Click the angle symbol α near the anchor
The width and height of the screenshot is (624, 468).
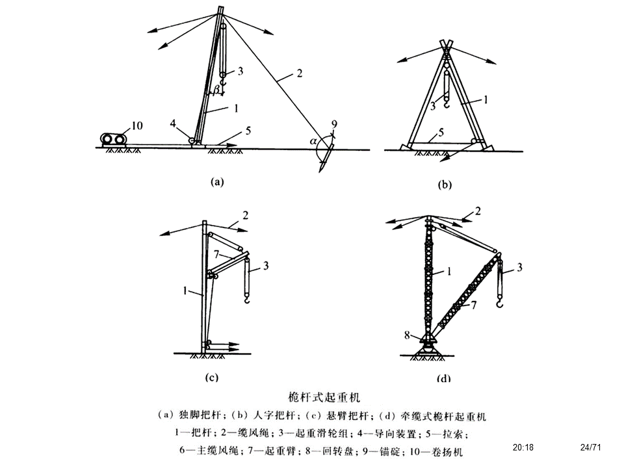pyautogui.click(x=313, y=140)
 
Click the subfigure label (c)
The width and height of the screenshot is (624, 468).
pyautogui.click(x=211, y=377)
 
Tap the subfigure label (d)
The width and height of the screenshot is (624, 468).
pyautogui.click(x=444, y=378)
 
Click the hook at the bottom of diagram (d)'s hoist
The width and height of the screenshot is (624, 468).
pyautogui.click(x=499, y=303)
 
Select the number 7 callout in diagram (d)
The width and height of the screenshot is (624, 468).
pyautogui.click(x=474, y=304)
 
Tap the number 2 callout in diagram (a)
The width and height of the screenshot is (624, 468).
pyautogui.click(x=299, y=73)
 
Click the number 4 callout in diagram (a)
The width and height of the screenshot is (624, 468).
pyautogui.click(x=173, y=123)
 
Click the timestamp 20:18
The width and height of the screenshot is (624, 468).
pyautogui.click(x=523, y=447)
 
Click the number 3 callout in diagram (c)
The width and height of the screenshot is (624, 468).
pyautogui.click(x=266, y=266)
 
